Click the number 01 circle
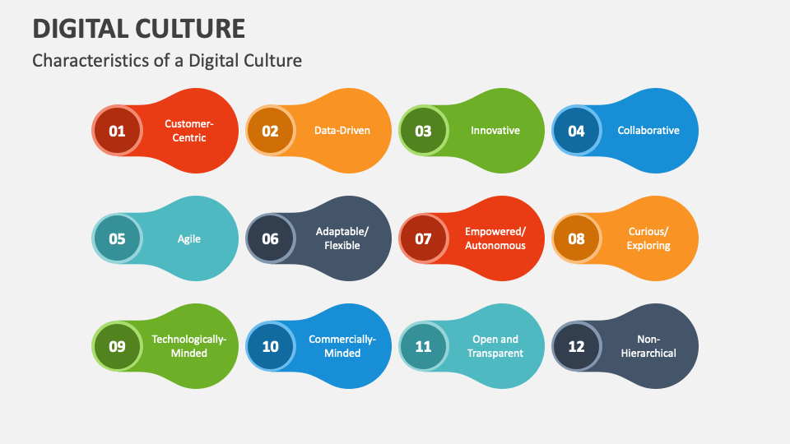[x=117, y=131]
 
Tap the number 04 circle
[x=576, y=131]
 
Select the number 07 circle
[x=423, y=238]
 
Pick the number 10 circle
[x=270, y=346]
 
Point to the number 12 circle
[x=576, y=346]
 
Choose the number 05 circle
[x=117, y=238]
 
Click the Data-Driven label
[x=342, y=131]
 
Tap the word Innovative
[x=495, y=131]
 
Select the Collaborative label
[x=648, y=131]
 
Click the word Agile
[x=189, y=239]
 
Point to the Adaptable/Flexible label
[x=342, y=238]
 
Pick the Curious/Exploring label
[x=648, y=238]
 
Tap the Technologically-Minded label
[x=189, y=346]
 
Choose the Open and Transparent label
[x=495, y=346]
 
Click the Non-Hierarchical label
[x=648, y=346]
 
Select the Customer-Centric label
[x=189, y=131]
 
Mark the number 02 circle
[x=270, y=131]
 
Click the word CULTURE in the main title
[x=185, y=29]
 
